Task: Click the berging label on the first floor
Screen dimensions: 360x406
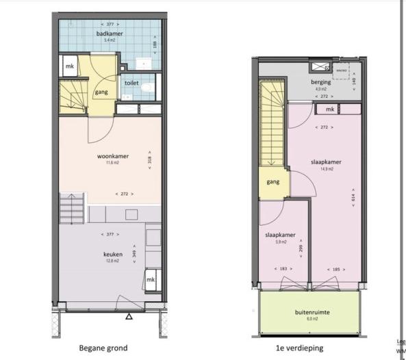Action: (x=321, y=81)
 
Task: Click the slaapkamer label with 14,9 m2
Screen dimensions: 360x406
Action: (x=327, y=162)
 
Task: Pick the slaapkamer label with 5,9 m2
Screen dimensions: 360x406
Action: (x=280, y=235)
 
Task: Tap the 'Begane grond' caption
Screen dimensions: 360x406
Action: (x=103, y=348)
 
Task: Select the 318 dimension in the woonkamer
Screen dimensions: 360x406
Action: (x=149, y=159)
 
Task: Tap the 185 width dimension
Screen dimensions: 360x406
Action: (x=335, y=269)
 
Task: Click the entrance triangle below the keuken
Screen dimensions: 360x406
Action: (x=129, y=316)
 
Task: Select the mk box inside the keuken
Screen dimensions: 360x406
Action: (x=151, y=279)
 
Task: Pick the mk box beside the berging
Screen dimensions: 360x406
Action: (x=330, y=109)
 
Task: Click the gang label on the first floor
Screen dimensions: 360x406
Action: (x=272, y=182)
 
